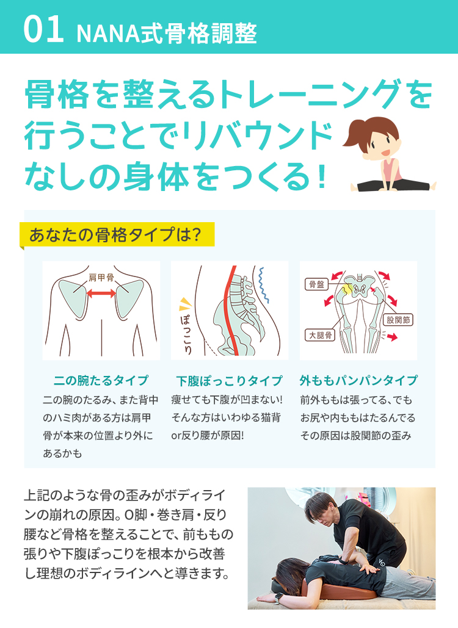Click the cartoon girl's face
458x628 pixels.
point(380,143)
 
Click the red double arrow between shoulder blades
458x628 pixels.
point(101,294)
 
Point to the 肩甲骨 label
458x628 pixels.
point(101,278)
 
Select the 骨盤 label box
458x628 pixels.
point(318,284)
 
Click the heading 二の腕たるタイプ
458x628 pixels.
point(101,381)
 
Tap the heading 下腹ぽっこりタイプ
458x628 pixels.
point(229,381)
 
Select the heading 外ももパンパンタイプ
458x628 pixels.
point(358,381)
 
